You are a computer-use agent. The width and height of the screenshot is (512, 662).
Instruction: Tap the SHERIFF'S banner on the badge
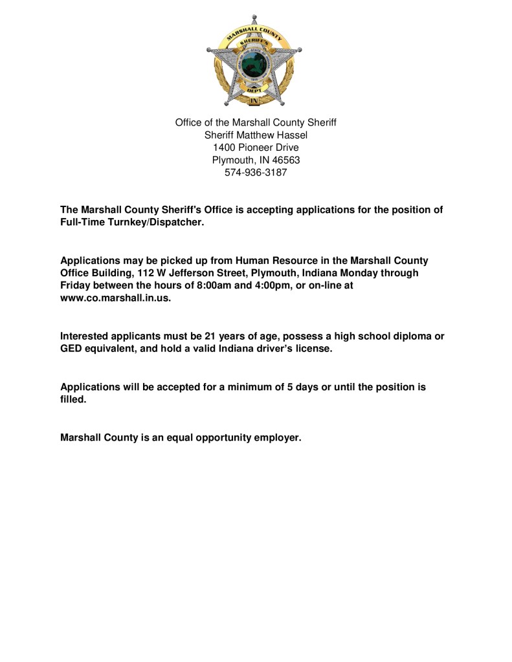tap(254, 40)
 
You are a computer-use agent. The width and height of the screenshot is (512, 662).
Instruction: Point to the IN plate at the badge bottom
tap(254, 101)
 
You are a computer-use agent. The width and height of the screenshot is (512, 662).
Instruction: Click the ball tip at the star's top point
tap(254, 16)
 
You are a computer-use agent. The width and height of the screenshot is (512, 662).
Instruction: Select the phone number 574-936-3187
tap(256, 173)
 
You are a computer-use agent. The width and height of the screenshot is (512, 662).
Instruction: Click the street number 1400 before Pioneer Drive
tap(225, 148)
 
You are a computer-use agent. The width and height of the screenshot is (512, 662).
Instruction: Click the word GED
tap(72, 348)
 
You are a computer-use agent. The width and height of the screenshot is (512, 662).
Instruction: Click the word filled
tap(73, 399)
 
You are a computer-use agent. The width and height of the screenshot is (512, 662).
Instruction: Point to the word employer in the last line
tap(278, 437)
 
